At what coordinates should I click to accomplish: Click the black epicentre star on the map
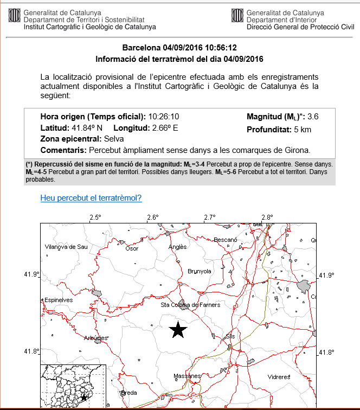click(178, 329)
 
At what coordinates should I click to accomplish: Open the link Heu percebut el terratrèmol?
click(91, 198)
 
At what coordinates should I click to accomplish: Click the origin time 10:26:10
click(164, 117)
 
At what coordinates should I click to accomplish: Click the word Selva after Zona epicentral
click(114, 139)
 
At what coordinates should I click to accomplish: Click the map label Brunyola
click(199, 271)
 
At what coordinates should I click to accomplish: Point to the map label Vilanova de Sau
click(66, 247)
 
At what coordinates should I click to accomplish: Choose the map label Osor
click(132, 248)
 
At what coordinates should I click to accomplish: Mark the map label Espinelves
click(59, 299)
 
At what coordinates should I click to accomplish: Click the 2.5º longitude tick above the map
click(95, 218)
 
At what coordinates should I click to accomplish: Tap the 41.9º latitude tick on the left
click(31, 275)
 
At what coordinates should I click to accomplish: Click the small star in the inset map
click(84, 398)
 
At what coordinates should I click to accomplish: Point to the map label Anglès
click(178, 247)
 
